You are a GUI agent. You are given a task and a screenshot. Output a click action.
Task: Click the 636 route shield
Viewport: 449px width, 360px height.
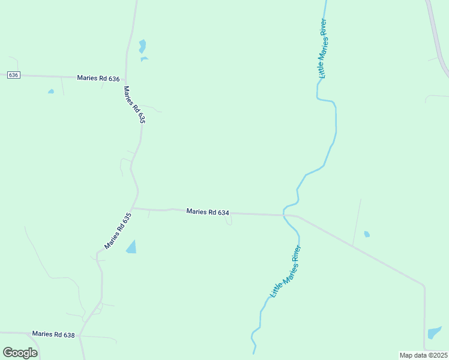pos(14,75)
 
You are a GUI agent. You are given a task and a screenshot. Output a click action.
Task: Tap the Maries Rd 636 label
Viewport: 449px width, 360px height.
pos(98,79)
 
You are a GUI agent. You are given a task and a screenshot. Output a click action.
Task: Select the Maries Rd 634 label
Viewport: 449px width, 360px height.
pos(208,212)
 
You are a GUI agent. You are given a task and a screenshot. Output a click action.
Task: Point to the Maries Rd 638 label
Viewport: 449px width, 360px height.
pos(53,334)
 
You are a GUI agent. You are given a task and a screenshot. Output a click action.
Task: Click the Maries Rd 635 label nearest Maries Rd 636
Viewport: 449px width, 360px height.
pos(134,104)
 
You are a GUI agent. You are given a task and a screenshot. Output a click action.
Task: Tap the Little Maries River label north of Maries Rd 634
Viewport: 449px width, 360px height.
pos(322,49)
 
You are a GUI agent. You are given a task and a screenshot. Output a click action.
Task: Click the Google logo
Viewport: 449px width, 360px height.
pos(20,352)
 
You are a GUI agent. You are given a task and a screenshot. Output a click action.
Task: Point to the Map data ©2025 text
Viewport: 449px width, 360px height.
pos(423,355)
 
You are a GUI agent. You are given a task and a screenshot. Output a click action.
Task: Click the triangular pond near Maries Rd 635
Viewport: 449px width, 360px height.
pos(132,247)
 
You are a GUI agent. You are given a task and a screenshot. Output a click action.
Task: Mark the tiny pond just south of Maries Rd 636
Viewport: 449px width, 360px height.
pos(51,92)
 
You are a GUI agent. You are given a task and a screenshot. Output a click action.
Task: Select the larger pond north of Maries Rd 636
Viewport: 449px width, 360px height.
pos(142,46)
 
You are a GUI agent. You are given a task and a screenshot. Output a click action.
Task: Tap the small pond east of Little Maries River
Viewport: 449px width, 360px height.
pos(367,234)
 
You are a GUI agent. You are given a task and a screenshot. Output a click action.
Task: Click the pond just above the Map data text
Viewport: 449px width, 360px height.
pos(434,332)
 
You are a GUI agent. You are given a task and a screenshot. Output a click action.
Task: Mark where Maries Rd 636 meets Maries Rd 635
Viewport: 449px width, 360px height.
pos(125,77)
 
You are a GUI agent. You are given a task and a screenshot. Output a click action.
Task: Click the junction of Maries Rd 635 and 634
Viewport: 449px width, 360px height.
pos(133,208)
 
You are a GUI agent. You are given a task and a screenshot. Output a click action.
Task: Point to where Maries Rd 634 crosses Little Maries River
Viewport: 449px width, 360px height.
pos(285,215)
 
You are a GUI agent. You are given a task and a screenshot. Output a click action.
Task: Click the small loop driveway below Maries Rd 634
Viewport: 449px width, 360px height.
pos(229,221)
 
